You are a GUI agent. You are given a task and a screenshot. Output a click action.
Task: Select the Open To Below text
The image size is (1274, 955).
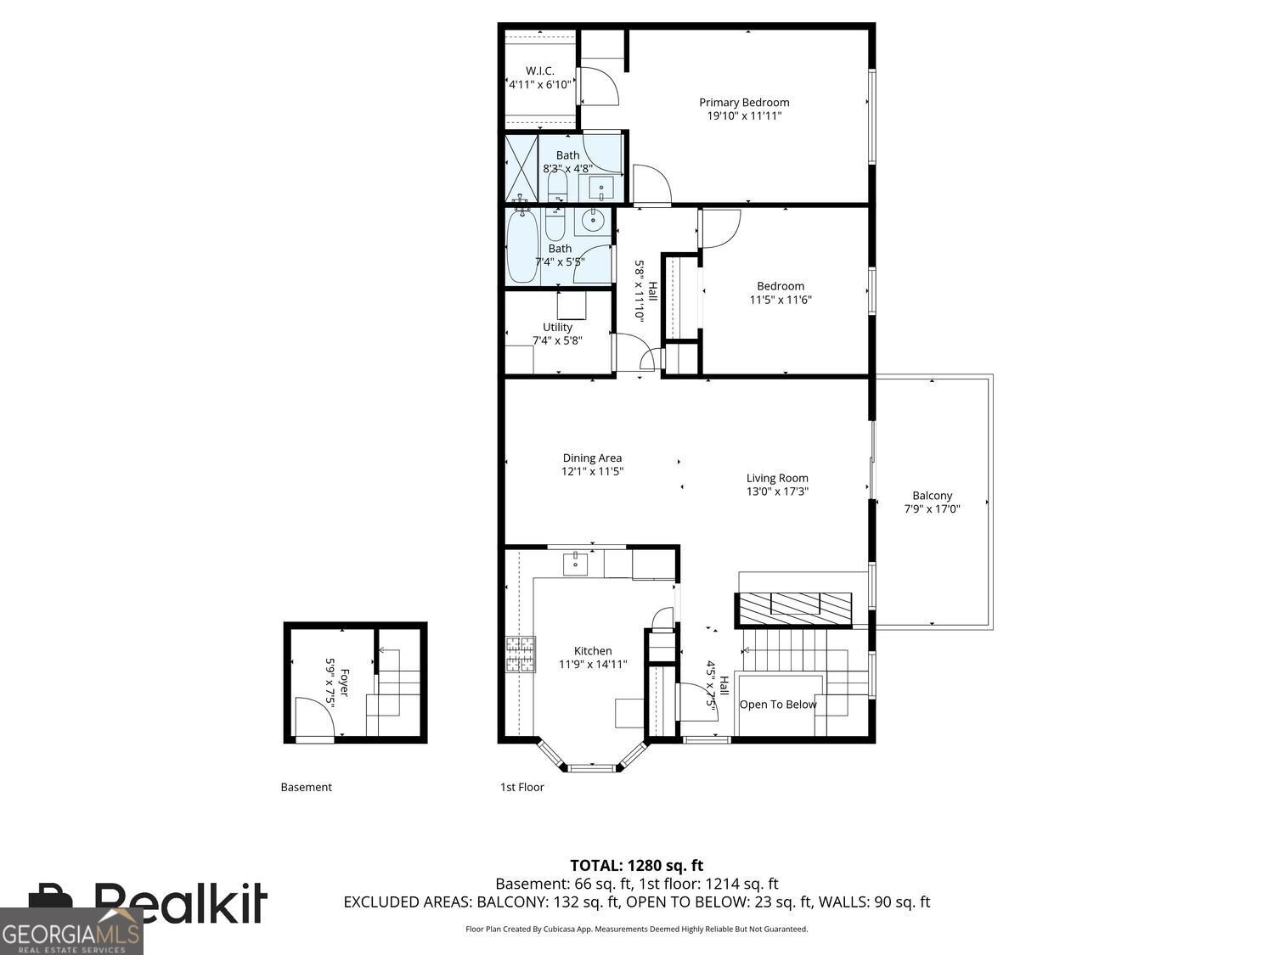778,705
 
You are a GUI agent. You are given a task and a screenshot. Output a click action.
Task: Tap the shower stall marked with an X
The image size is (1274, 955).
521,168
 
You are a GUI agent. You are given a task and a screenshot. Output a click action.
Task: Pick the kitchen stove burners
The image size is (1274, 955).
521,654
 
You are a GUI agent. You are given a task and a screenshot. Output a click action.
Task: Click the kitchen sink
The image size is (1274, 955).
575,565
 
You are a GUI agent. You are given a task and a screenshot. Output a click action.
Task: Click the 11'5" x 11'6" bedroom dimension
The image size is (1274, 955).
780,300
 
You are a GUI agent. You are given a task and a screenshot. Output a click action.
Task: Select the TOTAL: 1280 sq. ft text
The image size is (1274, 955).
636,866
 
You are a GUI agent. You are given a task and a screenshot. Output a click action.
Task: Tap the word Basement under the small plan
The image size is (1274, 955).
306,787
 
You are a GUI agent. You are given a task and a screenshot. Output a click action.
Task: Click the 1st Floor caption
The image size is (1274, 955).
521,787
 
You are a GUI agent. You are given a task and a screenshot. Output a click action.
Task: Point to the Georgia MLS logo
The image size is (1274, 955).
71,930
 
